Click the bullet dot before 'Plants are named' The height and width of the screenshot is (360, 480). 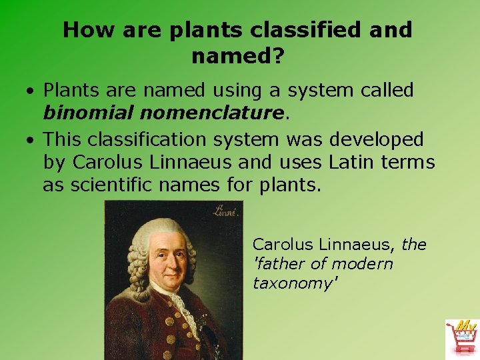click(31, 91)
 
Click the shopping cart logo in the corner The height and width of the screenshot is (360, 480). click(462, 337)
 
